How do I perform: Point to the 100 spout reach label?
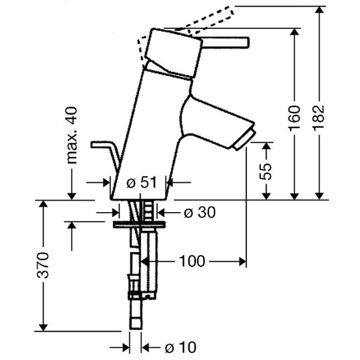click(191, 260)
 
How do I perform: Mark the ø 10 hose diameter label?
click(180, 347)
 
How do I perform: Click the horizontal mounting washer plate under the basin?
click(138, 224)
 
